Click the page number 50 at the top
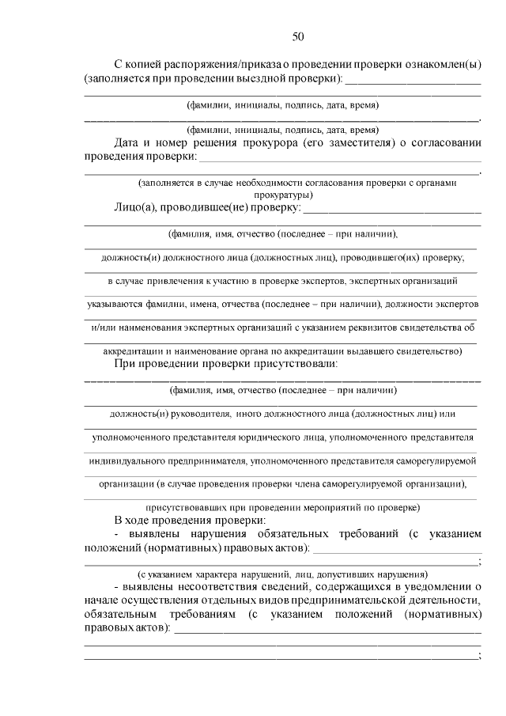click(298, 36)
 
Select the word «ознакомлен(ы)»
click(444, 65)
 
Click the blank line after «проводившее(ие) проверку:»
click(392, 210)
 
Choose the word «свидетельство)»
click(428, 350)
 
